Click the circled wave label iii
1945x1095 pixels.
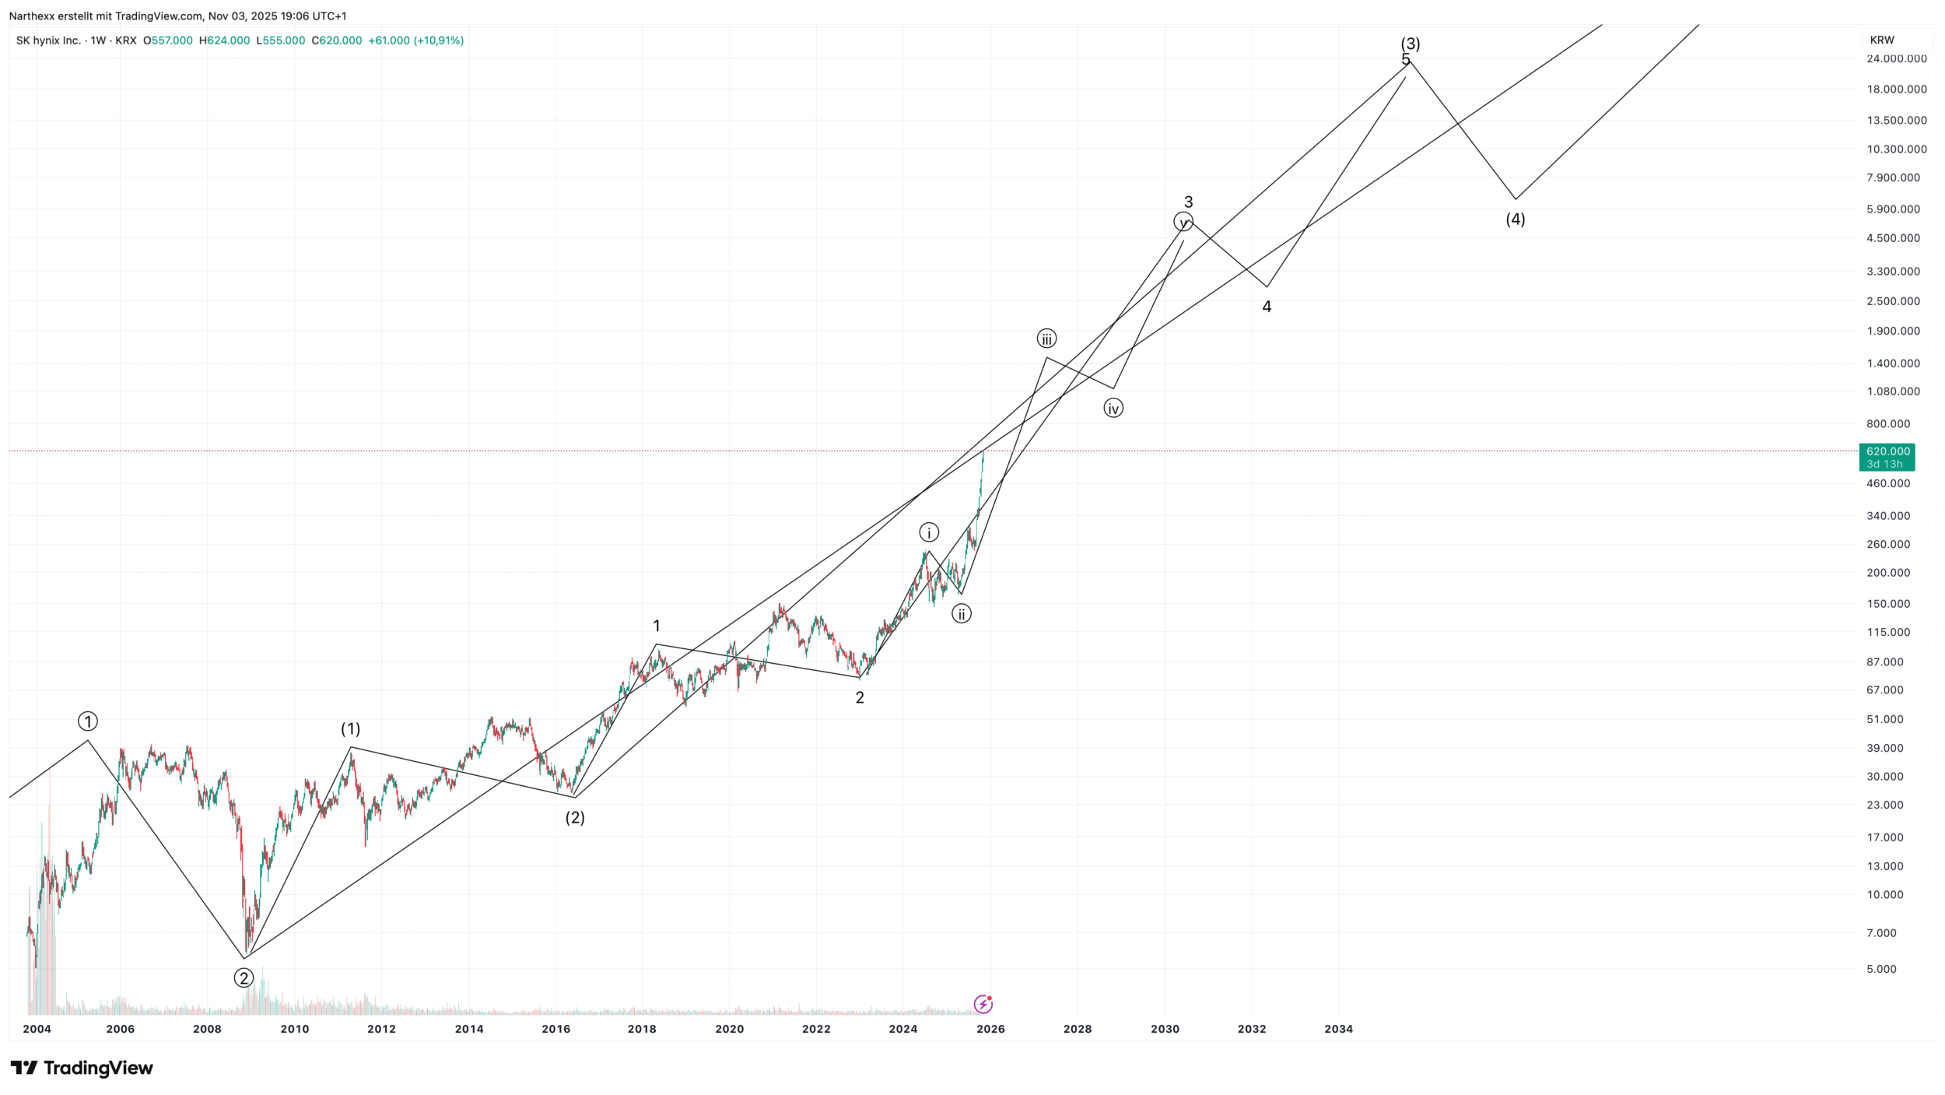tap(1046, 339)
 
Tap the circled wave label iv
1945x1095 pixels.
tap(1113, 408)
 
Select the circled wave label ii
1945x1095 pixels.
tap(962, 614)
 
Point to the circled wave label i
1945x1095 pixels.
tap(929, 532)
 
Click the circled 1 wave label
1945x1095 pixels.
tap(88, 721)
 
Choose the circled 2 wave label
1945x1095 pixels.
tap(244, 978)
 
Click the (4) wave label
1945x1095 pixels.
tap(1515, 219)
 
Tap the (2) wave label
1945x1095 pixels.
tap(575, 817)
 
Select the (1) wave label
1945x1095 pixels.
tap(351, 728)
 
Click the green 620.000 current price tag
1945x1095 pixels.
tap(1887, 457)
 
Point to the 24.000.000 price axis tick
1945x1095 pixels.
tap(1897, 58)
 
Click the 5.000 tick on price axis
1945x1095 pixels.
tap(1881, 969)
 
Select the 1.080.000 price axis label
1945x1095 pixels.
tap(1893, 391)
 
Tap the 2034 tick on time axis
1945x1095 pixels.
tap(1338, 1029)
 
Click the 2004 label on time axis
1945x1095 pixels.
tap(37, 1029)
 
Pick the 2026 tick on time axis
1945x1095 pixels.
tap(990, 1029)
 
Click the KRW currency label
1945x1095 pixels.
tap(1882, 40)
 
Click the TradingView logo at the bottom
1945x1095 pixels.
tap(82, 1068)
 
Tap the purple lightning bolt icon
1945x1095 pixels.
tap(983, 1004)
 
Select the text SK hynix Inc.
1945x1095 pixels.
tap(48, 40)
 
